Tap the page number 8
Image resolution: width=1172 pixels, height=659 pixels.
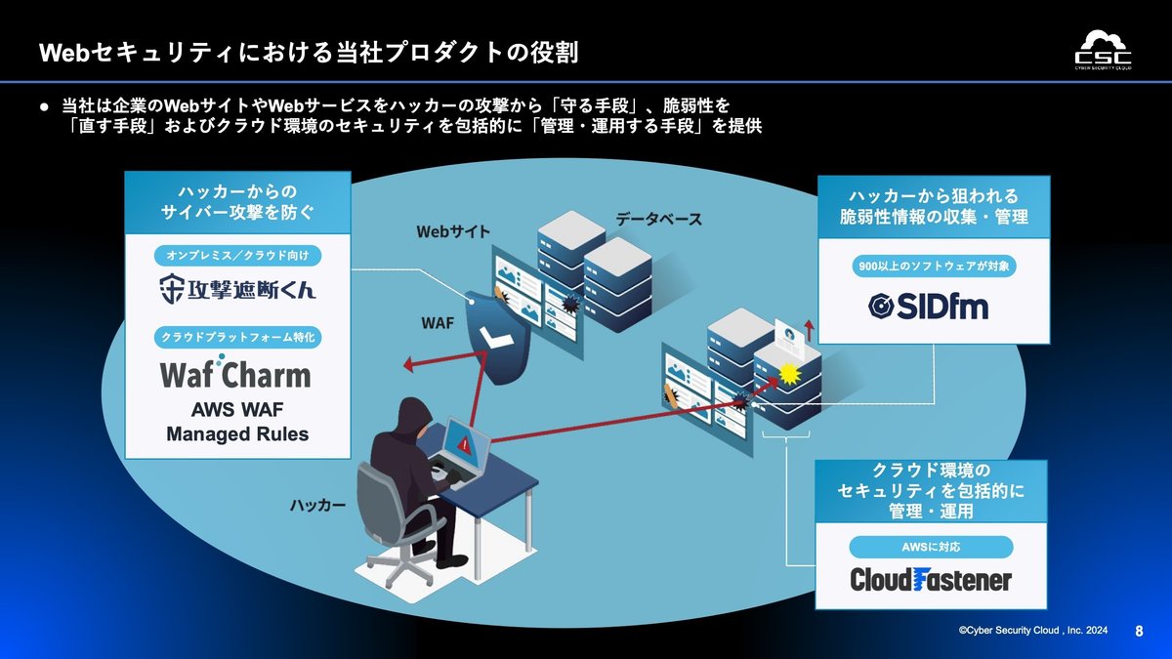(1139, 631)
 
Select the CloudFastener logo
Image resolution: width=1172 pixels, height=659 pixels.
(930, 579)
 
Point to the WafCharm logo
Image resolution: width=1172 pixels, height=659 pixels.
(235, 375)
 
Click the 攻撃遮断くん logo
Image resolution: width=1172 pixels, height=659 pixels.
(237, 289)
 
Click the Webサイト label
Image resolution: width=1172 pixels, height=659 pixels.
(453, 232)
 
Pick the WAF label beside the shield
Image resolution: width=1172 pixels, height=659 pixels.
(437, 322)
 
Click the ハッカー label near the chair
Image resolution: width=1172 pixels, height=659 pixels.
(317, 505)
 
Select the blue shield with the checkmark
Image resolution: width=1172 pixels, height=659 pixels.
(497, 333)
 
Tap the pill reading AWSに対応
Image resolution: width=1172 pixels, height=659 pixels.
(930, 546)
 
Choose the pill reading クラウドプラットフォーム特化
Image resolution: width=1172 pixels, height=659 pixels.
(237, 337)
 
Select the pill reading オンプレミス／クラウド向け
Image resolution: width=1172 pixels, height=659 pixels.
(237, 256)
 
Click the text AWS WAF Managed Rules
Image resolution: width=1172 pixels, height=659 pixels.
(237, 422)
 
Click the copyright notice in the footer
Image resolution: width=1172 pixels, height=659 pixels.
(1032, 632)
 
